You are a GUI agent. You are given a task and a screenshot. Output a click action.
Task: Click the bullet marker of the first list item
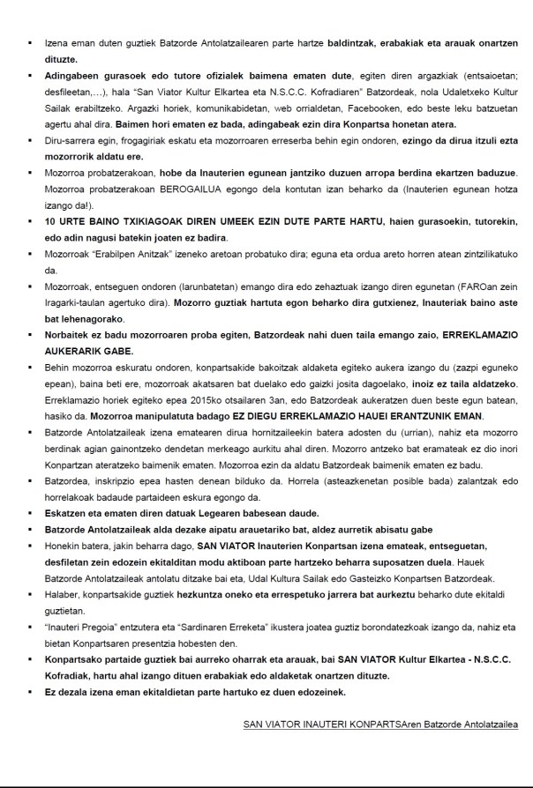click(x=32, y=39)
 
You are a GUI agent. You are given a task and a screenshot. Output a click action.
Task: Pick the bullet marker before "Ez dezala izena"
click(x=32, y=692)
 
